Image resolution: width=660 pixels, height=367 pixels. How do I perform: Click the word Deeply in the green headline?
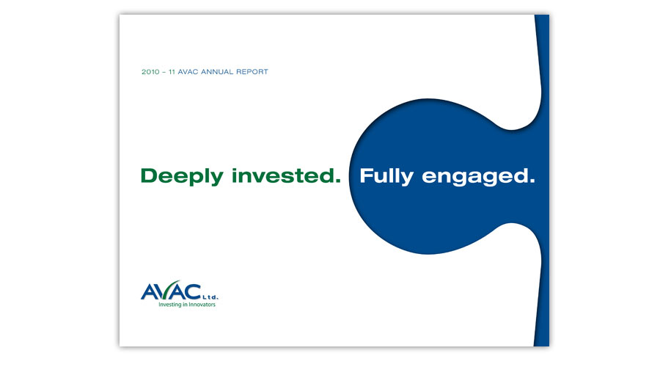[182, 177]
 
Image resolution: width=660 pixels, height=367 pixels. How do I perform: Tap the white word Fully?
[386, 177]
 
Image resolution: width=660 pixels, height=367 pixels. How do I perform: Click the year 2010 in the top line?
[150, 72]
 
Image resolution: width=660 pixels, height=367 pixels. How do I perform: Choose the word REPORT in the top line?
[252, 72]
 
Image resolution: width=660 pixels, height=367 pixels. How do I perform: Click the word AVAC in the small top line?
[188, 72]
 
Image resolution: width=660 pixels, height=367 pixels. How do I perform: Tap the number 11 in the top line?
[172, 72]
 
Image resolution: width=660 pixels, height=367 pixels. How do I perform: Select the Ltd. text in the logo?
[210, 297]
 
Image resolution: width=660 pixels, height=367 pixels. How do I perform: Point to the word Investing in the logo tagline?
[169, 305]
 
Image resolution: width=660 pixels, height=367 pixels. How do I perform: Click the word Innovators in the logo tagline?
[202, 304]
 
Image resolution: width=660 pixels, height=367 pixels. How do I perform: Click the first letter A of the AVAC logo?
[149, 292]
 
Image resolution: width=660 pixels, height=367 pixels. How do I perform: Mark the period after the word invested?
[337, 181]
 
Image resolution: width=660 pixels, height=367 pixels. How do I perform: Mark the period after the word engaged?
[532, 181]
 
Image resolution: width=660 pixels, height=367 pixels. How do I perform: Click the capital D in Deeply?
[149, 175]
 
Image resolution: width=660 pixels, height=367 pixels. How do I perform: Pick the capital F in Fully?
[366, 175]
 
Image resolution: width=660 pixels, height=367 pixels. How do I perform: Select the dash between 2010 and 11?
[164, 73]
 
